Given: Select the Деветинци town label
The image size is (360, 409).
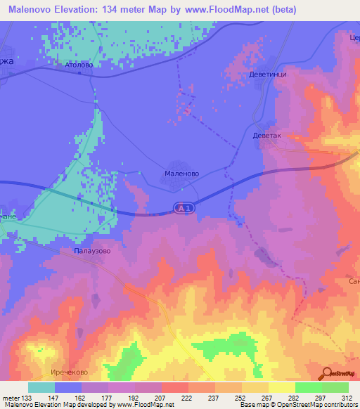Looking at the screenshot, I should pos(268,73).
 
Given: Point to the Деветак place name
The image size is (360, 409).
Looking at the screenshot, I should pos(266,136).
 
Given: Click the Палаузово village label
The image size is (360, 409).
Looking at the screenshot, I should pos(92,249).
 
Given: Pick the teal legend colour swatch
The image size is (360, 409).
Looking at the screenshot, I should pos(41,387).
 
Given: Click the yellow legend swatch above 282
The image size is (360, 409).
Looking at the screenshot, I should pos(281,387).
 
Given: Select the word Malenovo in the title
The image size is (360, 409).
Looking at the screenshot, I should pos(33,10).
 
